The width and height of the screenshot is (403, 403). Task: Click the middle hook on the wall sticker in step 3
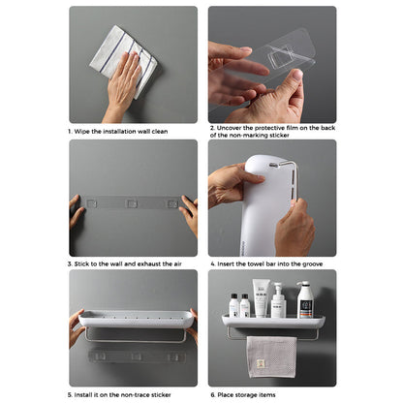[x=132, y=204]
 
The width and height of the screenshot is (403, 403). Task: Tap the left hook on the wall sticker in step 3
[x=91, y=204]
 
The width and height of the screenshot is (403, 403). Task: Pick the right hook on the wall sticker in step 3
[x=172, y=204]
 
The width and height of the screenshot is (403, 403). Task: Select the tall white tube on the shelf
[x=260, y=298]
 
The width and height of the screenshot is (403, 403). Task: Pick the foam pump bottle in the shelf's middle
[x=279, y=302]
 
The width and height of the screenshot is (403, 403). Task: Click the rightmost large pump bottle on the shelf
[x=305, y=299]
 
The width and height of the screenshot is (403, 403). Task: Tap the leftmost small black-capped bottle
[x=234, y=305]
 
